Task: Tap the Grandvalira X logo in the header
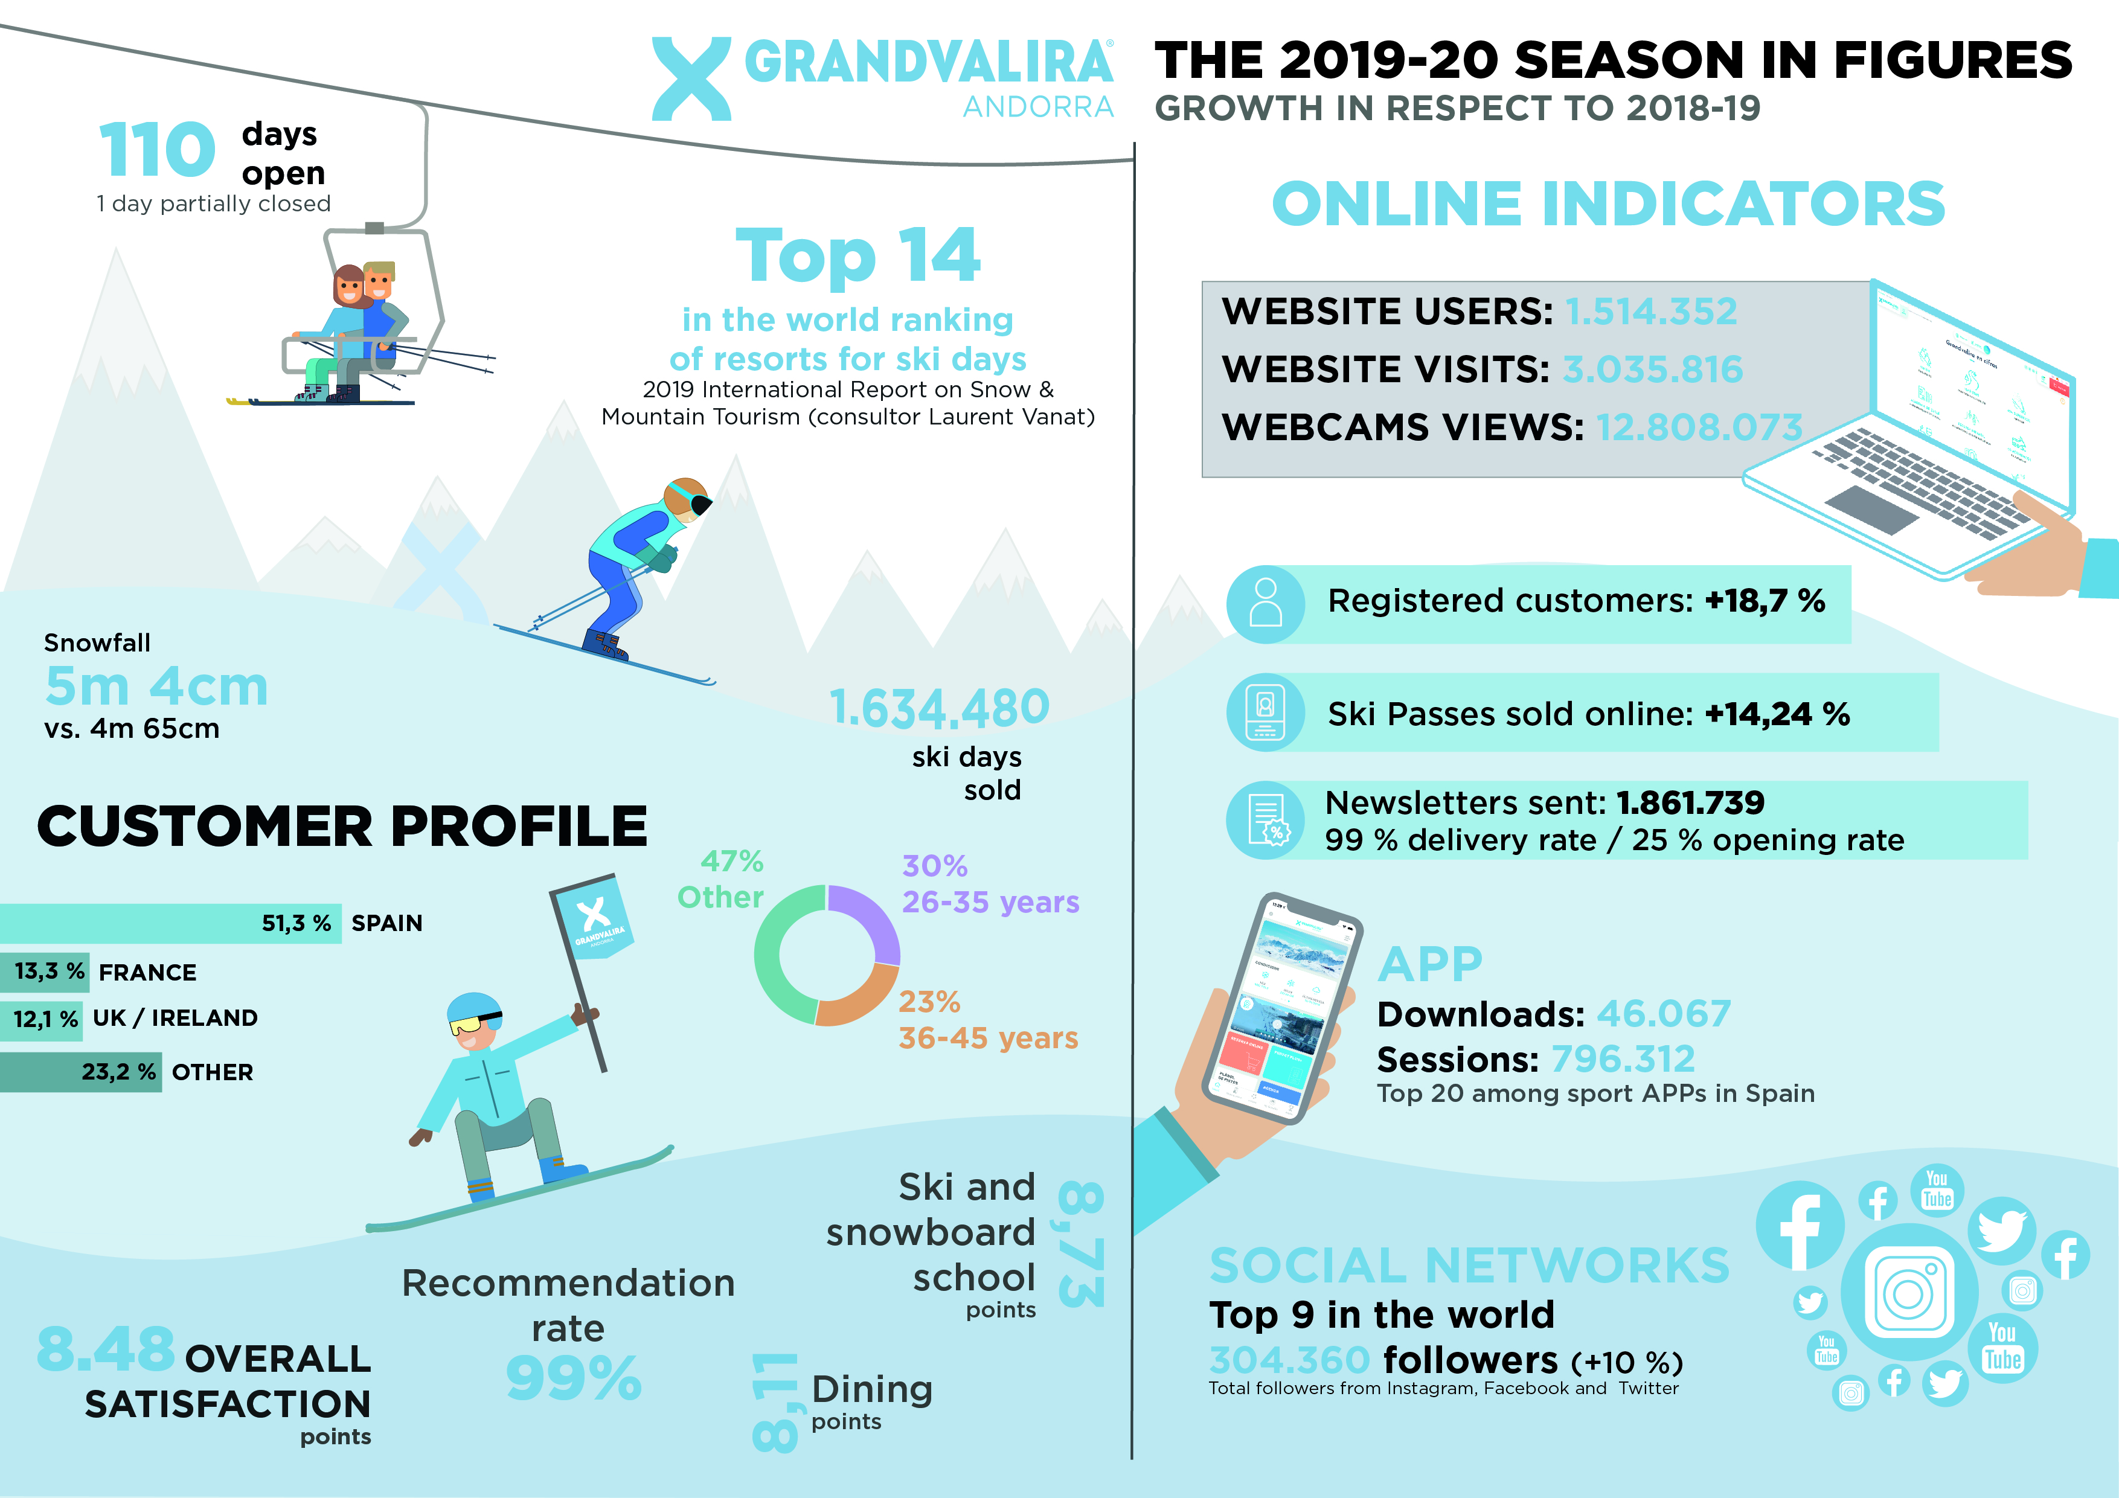tap(691, 78)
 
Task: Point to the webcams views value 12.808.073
tap(1699, 427)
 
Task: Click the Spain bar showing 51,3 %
tap(171, 924)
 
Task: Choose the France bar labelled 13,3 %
tap(44, 972)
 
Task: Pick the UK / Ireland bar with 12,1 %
tap(42, 1020)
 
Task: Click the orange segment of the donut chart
tap(858, 1002)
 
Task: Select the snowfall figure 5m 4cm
tap(157, 686)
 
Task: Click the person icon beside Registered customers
tap(1265, 604)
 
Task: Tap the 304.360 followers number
tap(1289, 1360)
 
